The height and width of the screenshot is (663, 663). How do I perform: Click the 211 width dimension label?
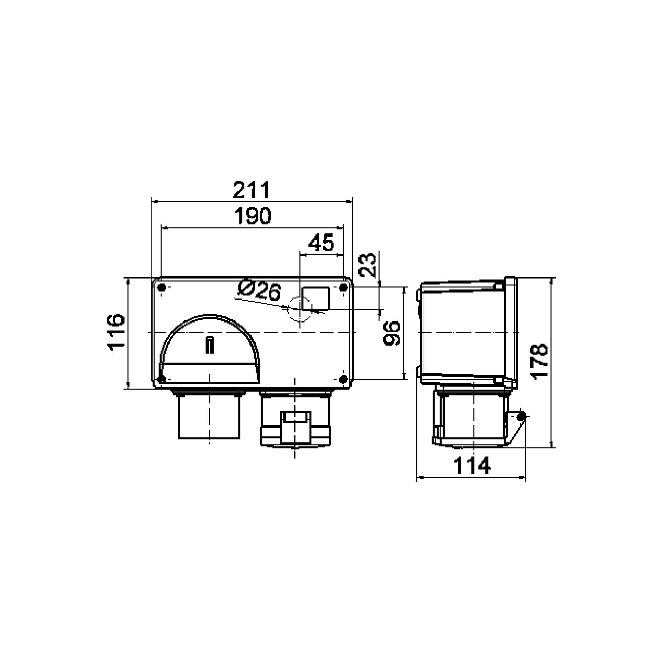pos(252,189)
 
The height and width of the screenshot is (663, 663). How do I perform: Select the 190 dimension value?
pos(253,215)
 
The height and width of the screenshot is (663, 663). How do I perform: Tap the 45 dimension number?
pos(321,242)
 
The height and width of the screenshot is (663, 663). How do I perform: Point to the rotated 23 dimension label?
pos(367,265)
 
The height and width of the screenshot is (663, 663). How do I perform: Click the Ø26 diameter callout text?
pos(260,291)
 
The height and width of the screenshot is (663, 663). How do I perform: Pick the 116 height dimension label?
pos(116,332)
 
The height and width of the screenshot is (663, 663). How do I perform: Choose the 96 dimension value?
pos(392,333)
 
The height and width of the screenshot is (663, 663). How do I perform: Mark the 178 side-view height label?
pos(539,361)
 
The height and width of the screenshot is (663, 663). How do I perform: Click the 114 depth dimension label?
pos(472,466)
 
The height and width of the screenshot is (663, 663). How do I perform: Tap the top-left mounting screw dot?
pos(163,287)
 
